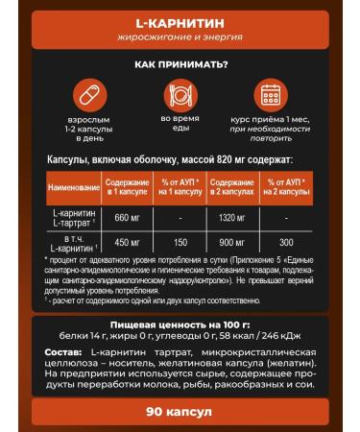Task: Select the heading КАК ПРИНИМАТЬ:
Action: (x=180, y=64)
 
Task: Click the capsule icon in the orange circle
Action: (x=86, y=97)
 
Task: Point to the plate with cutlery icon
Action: (x=179, y=97)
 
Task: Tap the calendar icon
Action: (x=270, y=97)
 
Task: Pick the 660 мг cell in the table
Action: (x=126, y=218)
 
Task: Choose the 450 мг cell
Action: (x=126, y=242)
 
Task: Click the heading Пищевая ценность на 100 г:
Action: (x=180, y=327)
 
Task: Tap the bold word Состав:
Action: (x=63, y=356)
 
